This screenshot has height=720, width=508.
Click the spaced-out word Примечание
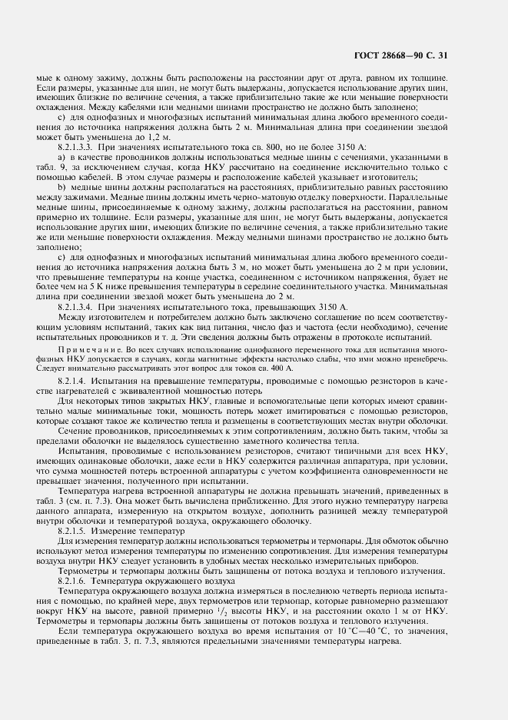[86, 349]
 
